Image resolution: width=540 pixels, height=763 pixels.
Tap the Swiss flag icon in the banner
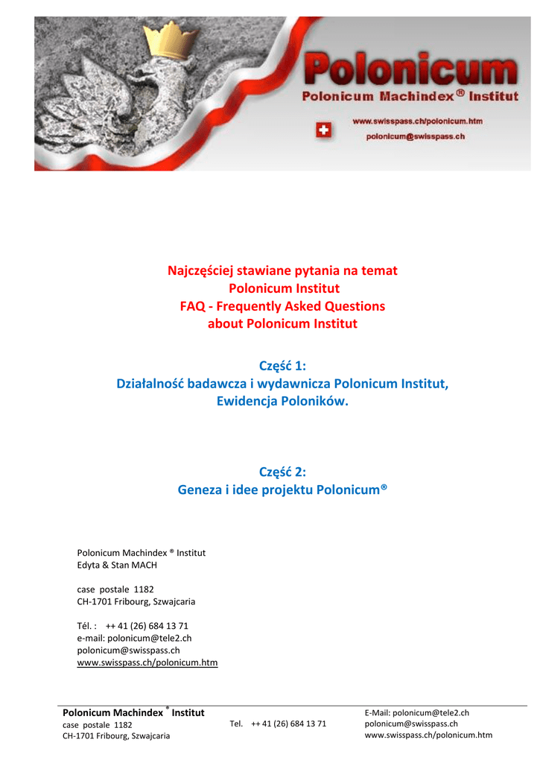pos(325,130)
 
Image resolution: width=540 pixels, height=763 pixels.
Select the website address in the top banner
pos(417,121)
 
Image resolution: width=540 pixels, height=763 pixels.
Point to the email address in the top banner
pos(416,136)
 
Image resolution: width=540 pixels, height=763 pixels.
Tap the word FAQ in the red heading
pos(193,306)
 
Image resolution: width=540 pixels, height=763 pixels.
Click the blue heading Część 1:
pos(282,365)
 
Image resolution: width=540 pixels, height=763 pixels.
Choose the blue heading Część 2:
pos(282,471)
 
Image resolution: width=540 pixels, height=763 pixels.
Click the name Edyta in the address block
pos(90,565)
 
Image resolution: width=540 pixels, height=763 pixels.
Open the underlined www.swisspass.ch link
pos(147,662)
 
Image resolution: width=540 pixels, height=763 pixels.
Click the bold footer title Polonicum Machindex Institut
pos(133,713)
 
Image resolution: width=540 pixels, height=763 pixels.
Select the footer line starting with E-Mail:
pos(416,713)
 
